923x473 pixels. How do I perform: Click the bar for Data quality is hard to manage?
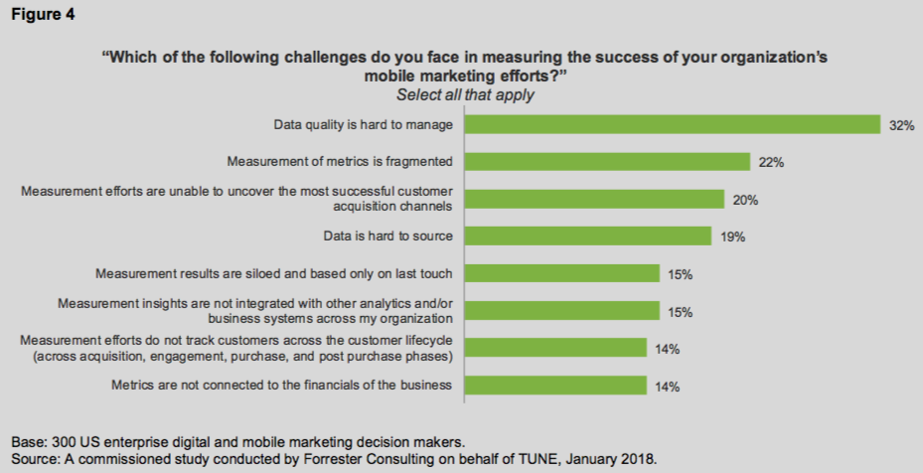point(673,124)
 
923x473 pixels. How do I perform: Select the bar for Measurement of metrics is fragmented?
point(608,162)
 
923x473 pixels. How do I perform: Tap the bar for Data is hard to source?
point(588,236)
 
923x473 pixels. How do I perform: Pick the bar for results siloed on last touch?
point(562,273)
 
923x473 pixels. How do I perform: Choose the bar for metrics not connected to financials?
point(556,386)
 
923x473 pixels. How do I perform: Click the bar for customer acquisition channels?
point(595,199)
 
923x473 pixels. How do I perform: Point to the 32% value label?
point(901,125)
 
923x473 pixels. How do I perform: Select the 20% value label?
point(745,200)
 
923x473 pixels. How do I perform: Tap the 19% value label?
point(732,237)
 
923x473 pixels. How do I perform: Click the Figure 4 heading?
point(39,16)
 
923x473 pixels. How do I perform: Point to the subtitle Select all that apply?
point(465,95)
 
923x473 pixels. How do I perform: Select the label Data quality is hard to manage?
point(364,124)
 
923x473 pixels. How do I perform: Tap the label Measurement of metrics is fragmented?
point(340,162)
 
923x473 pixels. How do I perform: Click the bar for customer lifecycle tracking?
point(557,348)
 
